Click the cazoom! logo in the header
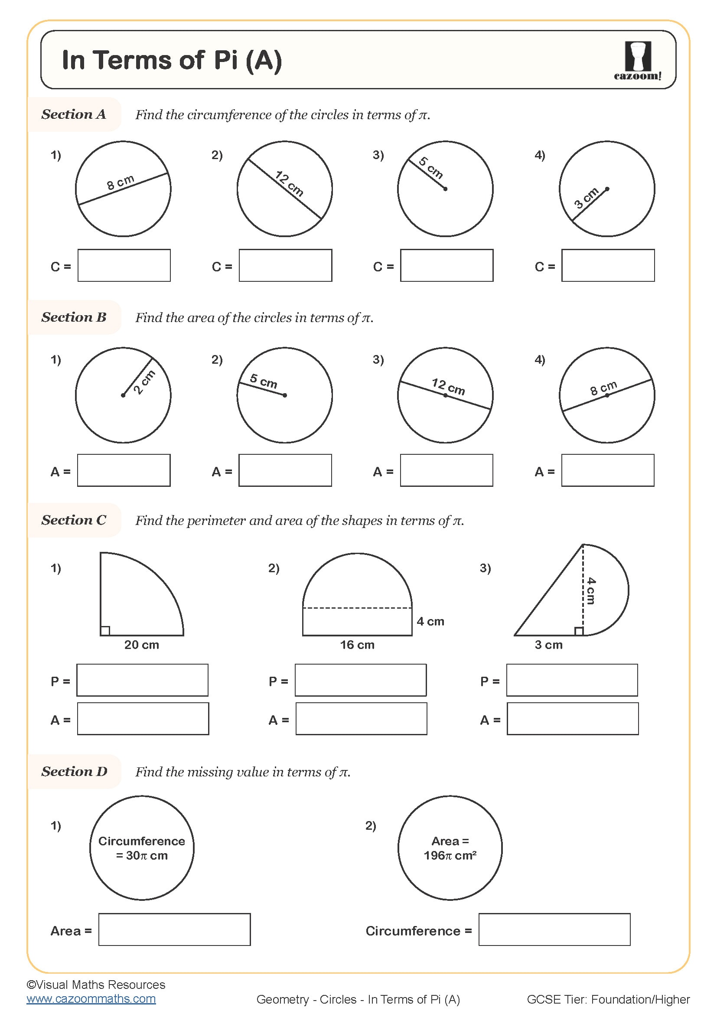pyautogui.click(x=638, y=61)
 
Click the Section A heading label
pyautogui.click(x=74, y=114)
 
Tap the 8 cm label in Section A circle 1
pyautogui.click(x=121, y=182)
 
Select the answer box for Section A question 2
pyautogui.click(x=285, y=265)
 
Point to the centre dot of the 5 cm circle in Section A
pyautogui.click(x=445, y=189)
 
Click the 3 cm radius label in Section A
pyautogui.click(x=587, y=198)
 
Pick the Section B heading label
pyautogui.click(x=74, y=317)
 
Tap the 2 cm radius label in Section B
pyautogui.click(x=144, y=382)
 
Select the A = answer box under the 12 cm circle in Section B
pyautogui.click(x=446, y=470)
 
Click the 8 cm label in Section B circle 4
pyautogui.click(x=603, y=388)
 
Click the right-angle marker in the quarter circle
pyautogui.click(x=105, y=631)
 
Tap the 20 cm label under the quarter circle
pyautogui.click(x=141, y=645)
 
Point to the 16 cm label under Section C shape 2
pyautogui.click(x=357, y=645)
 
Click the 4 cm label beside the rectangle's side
pyautogui.click(x=430, y=621)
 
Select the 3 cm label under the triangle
pyautogui.click(x=548, y=645)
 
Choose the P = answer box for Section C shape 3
pyautogui.click(x=572, y=680)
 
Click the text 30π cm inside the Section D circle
pyautogui.click(x=142, y=855)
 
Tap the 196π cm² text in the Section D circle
pyautogui.click(x=450, y=855)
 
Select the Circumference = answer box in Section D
pyautogui.click(x=554, y=929)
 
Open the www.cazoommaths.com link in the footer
pyautogui.click(x=91, y=998)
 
